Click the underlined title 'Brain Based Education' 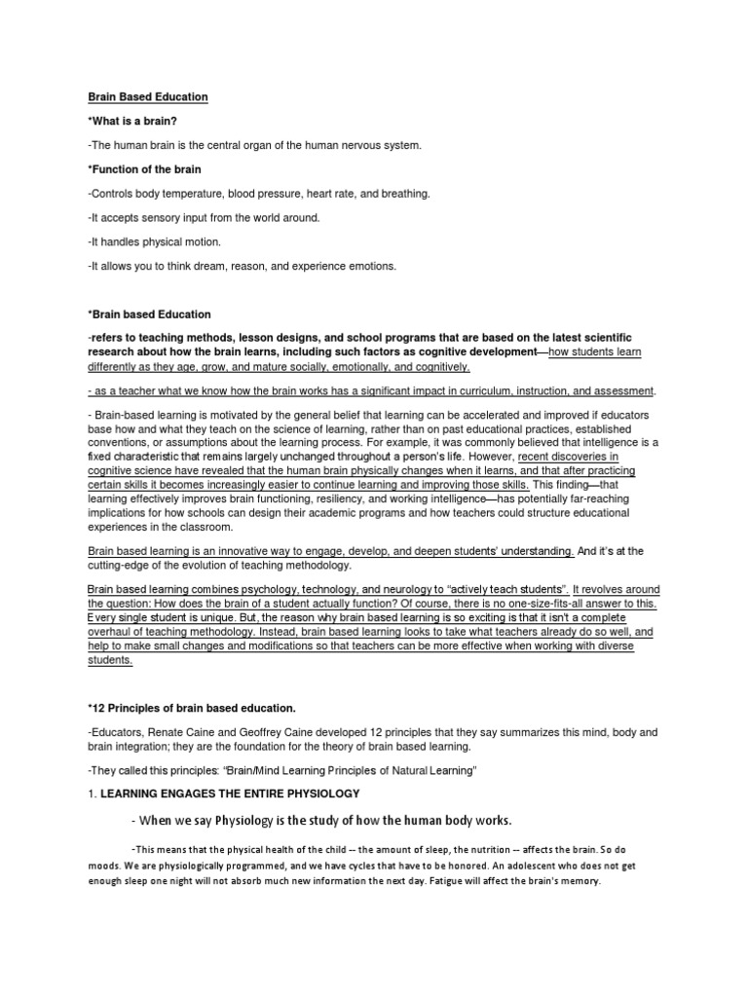[148, 97]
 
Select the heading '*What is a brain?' [133, 122]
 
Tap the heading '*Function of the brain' [145, 169]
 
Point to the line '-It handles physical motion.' [155, 241]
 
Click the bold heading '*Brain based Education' [149, 314]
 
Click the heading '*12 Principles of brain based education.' [191, 706]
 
